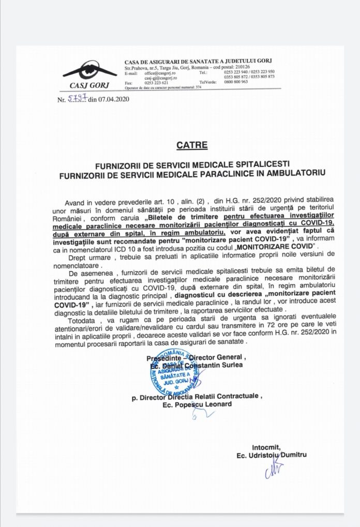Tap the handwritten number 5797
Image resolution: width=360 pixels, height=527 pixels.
[77, 98]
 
